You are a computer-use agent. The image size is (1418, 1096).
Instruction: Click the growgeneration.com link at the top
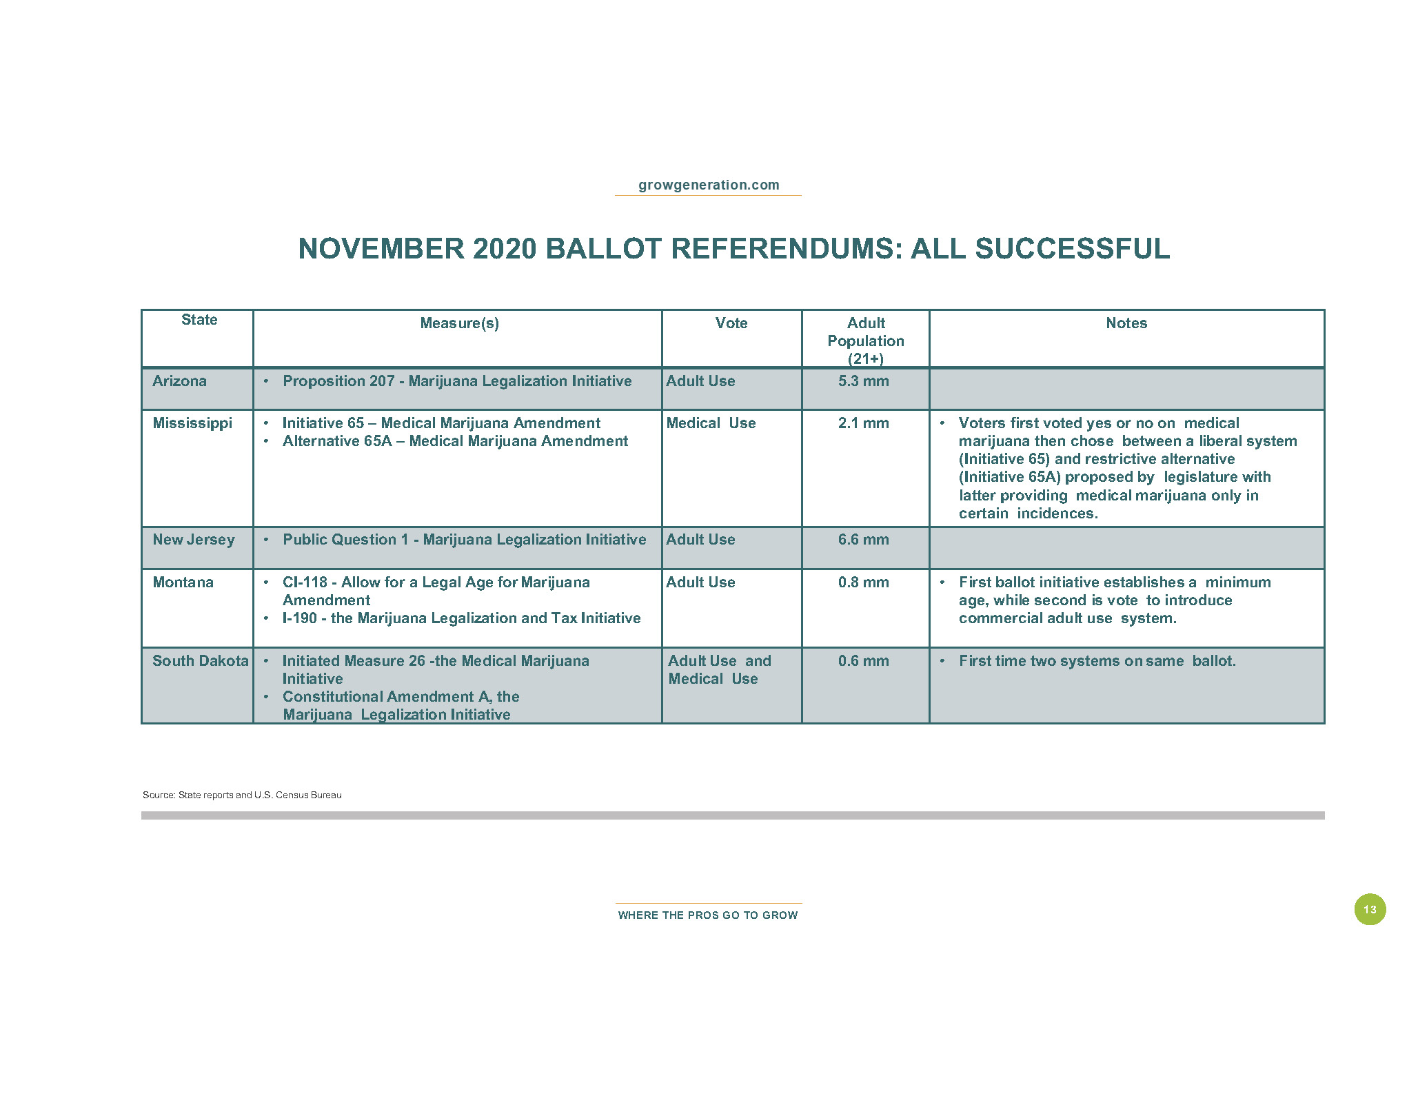[x=708, y=185]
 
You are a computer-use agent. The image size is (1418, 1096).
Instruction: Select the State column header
[x=199, y=320]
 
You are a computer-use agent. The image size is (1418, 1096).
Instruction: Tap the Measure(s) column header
[x=459, y=323]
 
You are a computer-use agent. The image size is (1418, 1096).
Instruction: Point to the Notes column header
[x=1126, y=323]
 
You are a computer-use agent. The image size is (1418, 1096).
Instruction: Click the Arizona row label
[x=179, y=381]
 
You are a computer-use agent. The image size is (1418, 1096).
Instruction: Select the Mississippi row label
[x=192, y=423]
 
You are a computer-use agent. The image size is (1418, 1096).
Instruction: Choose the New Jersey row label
[x=194, y=540]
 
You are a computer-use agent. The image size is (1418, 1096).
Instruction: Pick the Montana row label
[x=183, y=582]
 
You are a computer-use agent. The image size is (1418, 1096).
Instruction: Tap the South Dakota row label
[x=200, y=661]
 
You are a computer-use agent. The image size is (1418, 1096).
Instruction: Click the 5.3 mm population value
[x=863, y=381]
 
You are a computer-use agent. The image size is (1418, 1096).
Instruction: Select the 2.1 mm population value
[x=863, y=423]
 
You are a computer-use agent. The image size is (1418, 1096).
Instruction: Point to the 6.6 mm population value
[x=863, y=540]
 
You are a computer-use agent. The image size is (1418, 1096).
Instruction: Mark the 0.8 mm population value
[x=863, y=582]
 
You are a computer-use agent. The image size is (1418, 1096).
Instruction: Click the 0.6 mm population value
[x=863, y=661]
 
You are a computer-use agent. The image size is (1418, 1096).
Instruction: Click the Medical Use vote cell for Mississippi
[x=711, y=423]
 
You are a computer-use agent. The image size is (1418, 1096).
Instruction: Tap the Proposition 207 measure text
[x=456, y=381]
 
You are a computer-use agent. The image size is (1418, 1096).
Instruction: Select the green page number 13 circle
[x=1369, y=909]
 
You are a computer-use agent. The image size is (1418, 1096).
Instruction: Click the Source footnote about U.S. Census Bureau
[x=242, y=795]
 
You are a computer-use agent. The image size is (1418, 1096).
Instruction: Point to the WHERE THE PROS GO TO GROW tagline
[x=708, y=915]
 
